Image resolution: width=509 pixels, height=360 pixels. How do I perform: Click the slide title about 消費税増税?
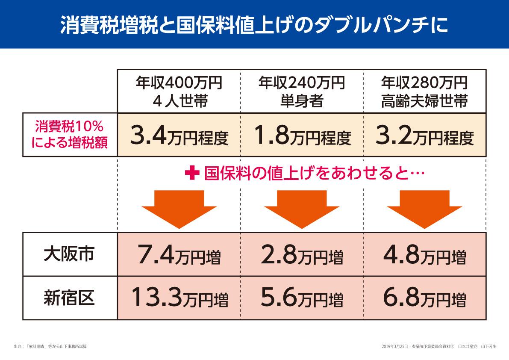tap(254, 24)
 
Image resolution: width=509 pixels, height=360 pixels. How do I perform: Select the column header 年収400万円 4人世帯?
tap(179, 91)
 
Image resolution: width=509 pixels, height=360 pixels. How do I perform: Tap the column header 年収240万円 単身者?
tap(302, 91)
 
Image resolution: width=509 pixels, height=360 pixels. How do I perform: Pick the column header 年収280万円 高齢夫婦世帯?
tap(424, 91)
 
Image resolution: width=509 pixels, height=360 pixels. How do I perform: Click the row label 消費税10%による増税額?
tap(69, 135)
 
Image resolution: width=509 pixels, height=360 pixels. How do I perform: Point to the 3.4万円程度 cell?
tap(179, 136)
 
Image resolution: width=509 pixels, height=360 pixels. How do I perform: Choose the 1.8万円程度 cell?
tap(302, 136)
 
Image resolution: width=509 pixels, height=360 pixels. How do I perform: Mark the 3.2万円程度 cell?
tap(424, 136)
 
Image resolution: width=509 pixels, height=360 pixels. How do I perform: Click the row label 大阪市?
tap(69, 254)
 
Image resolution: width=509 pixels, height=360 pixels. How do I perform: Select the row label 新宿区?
tap(69, 298)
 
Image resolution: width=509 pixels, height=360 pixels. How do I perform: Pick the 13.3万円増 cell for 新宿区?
tap(179, 298)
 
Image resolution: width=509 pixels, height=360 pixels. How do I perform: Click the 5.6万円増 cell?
tap(302, 298)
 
